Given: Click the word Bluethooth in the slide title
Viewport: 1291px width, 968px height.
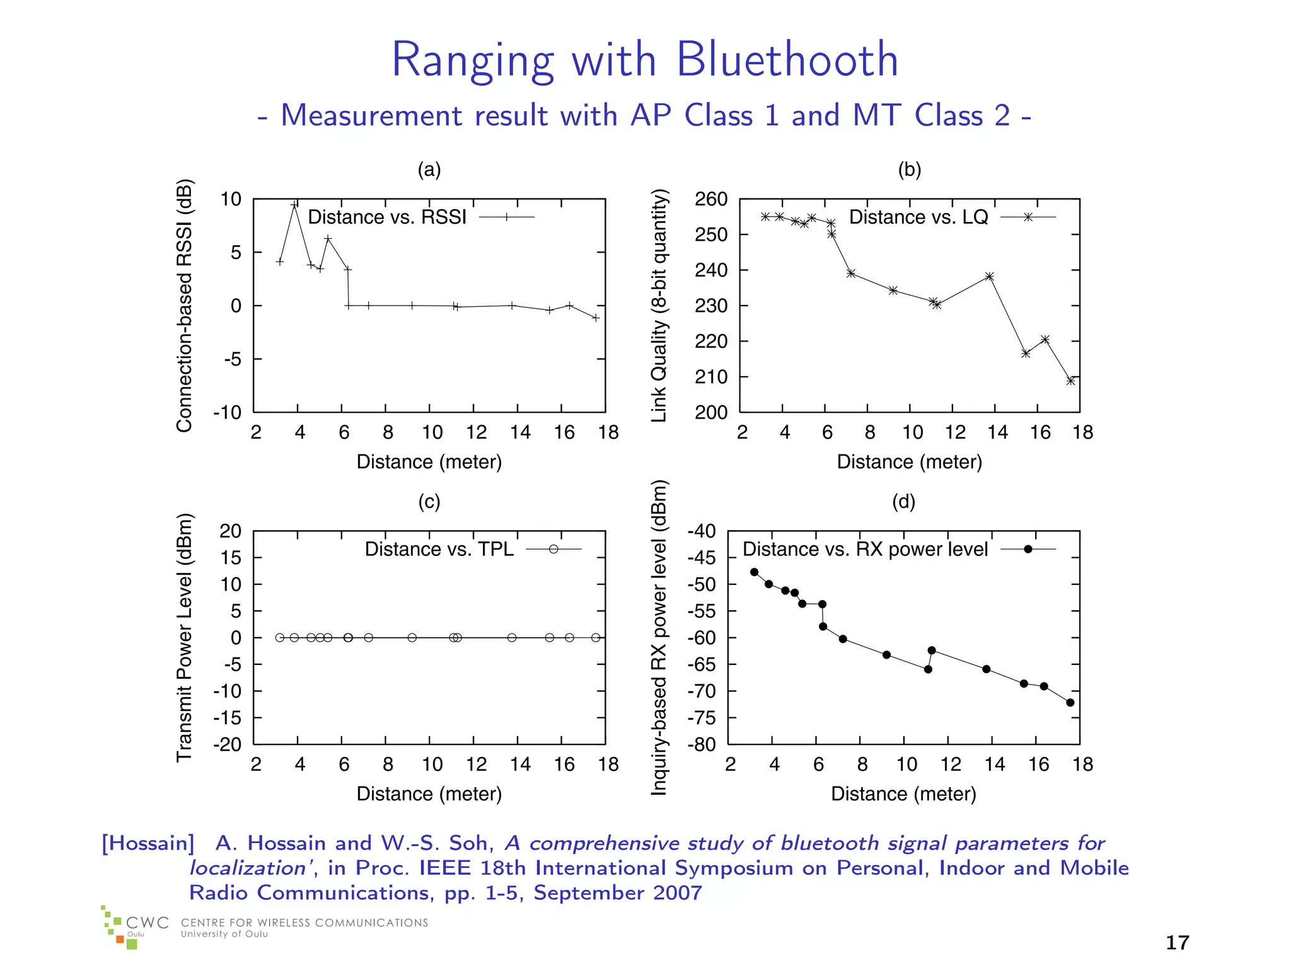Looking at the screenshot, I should click(x=787, y=60).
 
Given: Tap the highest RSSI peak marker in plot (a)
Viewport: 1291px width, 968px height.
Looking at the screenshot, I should click(x=294, y=205).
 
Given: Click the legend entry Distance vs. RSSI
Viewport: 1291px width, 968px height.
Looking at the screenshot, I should click(x=387, y=217).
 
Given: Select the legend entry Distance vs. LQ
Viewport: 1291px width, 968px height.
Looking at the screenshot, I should click(x=918, y=217).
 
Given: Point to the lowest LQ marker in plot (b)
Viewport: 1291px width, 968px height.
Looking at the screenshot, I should click(x=1070, y=381).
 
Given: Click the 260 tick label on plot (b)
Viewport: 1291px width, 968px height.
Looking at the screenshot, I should click(x=710, y=199).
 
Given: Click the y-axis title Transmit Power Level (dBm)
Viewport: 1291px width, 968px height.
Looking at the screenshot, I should click(x=183, y=638).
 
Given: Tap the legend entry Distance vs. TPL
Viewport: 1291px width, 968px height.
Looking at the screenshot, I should click(x=439, y=549).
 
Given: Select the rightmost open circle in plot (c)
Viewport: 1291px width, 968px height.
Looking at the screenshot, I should click(x=596, y=638).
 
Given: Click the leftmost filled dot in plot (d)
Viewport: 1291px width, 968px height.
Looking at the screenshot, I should click(x=754, y=572).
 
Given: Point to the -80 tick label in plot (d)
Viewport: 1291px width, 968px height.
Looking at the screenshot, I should click(x=702, y=744).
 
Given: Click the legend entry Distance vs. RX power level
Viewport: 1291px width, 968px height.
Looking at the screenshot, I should click(x=865, y=549).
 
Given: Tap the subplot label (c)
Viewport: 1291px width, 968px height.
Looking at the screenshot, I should click(x=429, y=502).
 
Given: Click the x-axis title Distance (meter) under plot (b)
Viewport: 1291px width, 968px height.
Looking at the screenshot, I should click(x=909, y=462).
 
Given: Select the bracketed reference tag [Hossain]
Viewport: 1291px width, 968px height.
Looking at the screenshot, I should click(x=148, y=843).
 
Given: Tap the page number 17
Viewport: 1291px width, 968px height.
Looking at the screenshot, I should click(x=1177, y=943).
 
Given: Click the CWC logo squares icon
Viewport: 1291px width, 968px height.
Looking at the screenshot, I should click(x=117, y=928).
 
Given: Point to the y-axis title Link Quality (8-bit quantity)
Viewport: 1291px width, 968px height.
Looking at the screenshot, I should click(x=659, y=306).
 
